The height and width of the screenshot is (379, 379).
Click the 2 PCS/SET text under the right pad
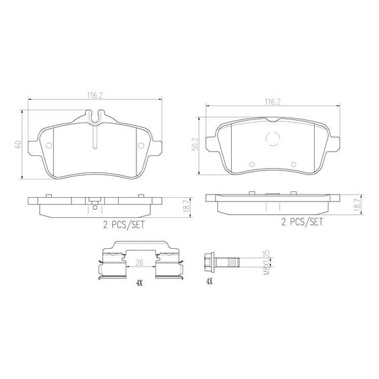pos(301,222)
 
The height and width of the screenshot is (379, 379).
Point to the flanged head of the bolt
pos(208,260)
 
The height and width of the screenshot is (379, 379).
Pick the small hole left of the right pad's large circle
pos(252,165)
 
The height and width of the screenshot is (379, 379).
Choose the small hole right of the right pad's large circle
pos(294,165)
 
